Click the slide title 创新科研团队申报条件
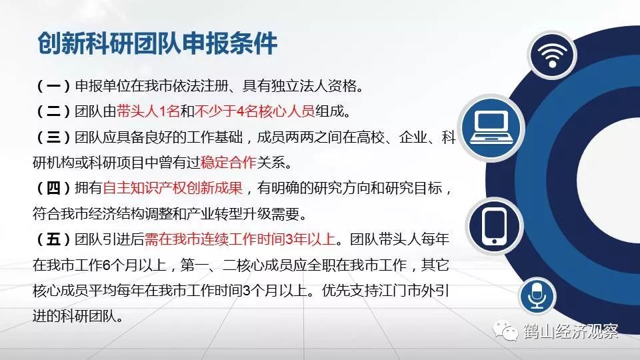pyautogui.click(x=157, y=43)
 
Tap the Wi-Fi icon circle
pyautogui.click(x=552, y=55)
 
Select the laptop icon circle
pyautogui.click(x=491, y=128)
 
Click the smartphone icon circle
pyautogui.click(x=494, y=226)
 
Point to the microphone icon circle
pyautogui.click(x=537, y=296)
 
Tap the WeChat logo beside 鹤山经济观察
pyautogui.click(x=505, y=330)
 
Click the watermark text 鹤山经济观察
pyautogui.click(x=571, y=331)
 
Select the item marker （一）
pyautogui.click(x=53, y=86)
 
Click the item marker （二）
pyautogui.click(x=53, y=111)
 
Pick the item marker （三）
pyautogui.click(x=53, y=137)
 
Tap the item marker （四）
pyautogui.click(x=53, y=188)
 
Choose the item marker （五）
pyautogui.click(x=53, y=239)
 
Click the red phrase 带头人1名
pyautogui.click(x=148, y=111)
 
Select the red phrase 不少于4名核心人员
pyautogui.click(x=255, y=111)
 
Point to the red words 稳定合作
pyautogui.click(x=228, y=163)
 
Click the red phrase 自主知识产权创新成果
pyautogui.click(x=173, y=188)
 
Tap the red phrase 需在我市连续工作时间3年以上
pyautogui.click(x=240, y=239)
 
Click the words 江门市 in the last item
pyautogui.click(x=399, y=291)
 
